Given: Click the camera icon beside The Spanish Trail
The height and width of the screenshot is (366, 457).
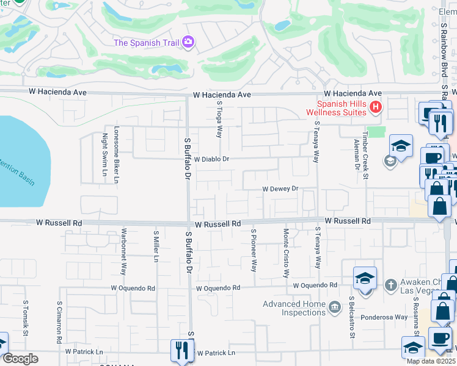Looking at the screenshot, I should [188, 41].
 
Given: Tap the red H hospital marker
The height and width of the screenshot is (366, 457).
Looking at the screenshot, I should [376, 108].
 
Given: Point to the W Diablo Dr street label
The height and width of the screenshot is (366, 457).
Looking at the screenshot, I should [211, 159].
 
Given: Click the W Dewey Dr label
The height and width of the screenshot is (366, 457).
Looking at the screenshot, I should [280, 189].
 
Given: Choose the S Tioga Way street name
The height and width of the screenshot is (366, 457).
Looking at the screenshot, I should [219, 120].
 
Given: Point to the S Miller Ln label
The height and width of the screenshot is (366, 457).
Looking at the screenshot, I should [156, 246].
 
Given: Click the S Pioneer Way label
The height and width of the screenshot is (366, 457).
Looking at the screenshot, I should [254, 250].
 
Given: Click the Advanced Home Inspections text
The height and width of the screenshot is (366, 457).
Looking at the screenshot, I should [294, 308].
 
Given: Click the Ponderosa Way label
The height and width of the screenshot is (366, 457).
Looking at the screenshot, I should [384, 317].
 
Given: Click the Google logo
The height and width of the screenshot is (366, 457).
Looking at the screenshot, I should [20, 359].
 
